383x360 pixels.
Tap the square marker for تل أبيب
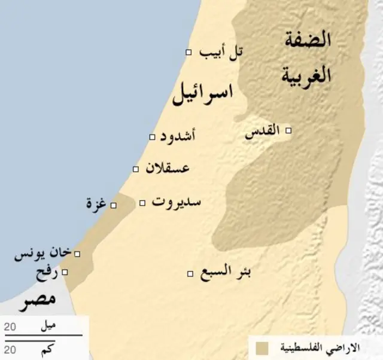tap(189, 53)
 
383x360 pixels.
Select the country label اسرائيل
tap(203, 94)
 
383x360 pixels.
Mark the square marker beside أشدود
tap(152, 138)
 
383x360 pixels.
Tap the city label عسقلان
tap(168, 168)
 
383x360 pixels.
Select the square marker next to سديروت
tap(142, 203)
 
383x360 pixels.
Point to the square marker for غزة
tap(114, 206)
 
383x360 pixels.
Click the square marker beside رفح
tap(65, 272)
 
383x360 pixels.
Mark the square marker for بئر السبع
tap(190, 274)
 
